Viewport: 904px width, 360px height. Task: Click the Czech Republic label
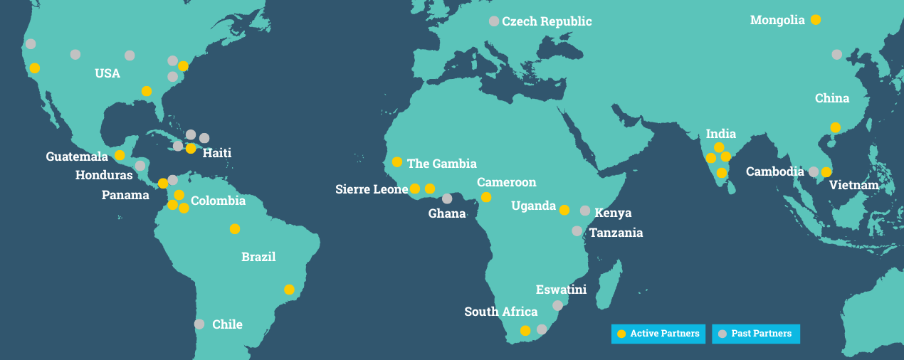click(547, 21)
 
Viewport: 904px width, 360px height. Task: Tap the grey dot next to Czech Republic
click(494, 21)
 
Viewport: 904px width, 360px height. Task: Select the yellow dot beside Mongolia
click(816, 20)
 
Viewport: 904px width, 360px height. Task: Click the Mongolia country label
click(777, 21)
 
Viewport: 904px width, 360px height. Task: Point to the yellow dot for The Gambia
click(397, 162)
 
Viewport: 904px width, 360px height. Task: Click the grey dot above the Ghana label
click(447, 198)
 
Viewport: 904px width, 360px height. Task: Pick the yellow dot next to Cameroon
click(486, 197)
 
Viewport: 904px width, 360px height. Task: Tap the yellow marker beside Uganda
click(564, 210)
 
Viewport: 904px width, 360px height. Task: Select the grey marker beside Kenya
click(585, 211)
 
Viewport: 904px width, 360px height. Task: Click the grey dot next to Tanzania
click(577, 231)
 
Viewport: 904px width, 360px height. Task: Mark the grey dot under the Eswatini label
click(557, 305)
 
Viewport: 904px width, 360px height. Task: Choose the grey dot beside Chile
click(199, 324)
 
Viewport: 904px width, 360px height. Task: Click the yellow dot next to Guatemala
click(120, 155)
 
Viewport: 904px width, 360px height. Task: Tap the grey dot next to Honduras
click(140, 166)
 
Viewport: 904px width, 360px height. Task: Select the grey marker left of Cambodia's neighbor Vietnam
click(814, 171)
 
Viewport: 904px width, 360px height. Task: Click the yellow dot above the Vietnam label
click(826, 171)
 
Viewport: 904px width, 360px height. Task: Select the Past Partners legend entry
click(756, 334)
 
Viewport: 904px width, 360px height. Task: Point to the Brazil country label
click(258, 257)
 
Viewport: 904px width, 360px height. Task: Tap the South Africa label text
click(500, 312)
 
